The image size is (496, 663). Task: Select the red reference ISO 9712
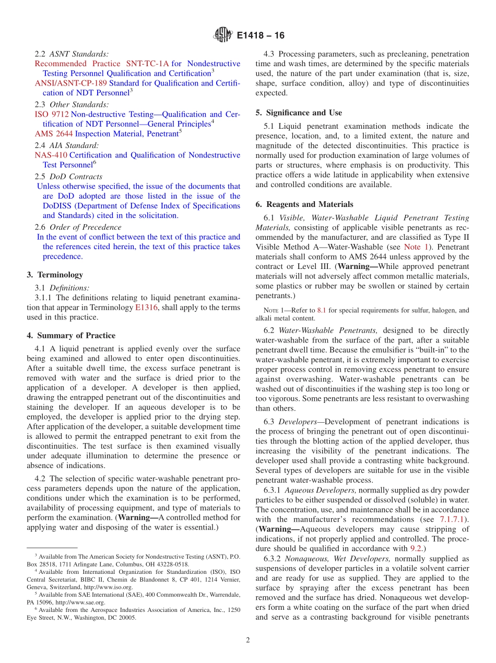pos(51,114)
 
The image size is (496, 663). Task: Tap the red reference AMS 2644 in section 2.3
pos(54,133)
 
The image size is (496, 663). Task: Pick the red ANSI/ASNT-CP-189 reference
pos(70,83)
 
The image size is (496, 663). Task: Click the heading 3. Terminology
pos(55,275)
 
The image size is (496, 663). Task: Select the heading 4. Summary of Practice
pos(71,335)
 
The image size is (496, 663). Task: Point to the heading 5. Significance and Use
pos(299,113)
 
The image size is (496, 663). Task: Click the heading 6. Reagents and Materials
pos(304,204)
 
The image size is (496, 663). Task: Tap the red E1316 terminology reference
pos(145,308)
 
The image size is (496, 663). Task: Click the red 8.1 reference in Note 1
pos(322,310)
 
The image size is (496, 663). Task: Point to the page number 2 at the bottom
pos(248,640)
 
